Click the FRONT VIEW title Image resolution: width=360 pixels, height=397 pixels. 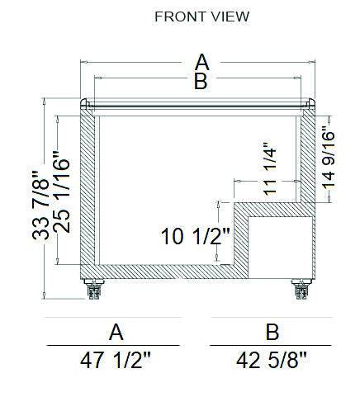point(202,17)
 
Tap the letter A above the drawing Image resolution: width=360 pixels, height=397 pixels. point(202,62)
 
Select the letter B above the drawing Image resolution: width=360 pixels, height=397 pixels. point(201,81)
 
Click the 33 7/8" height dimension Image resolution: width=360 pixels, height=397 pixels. point(40,206)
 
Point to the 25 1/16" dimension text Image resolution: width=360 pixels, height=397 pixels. point(61,191)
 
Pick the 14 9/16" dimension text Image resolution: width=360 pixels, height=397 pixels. point(328,158)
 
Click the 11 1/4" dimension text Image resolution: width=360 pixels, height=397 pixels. point(269,168)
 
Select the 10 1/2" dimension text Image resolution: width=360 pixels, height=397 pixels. point(196,236)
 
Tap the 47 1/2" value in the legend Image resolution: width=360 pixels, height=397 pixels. point(116,361)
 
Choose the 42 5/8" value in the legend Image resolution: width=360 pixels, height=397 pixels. point(272,361)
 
